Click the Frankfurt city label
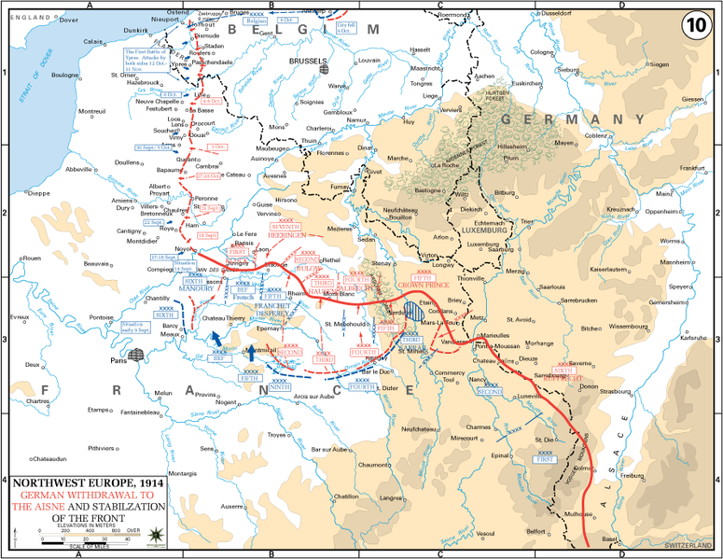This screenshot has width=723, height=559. pyautogui.click(x=689, y=167)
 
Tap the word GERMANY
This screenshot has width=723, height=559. pyautogui.click(x=573, y=119)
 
